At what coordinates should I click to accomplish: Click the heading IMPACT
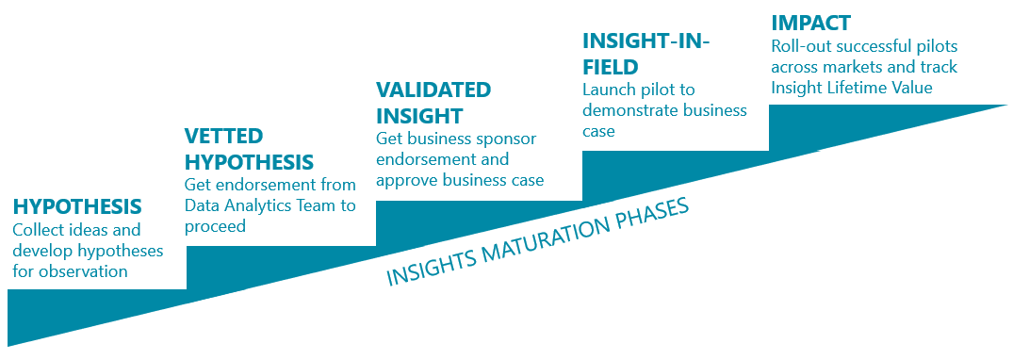coord(810,24)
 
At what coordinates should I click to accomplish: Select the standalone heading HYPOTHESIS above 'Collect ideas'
coord(77,206)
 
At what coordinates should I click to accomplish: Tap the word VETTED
coord(223,136)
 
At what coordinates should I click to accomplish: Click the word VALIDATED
coord(433,90)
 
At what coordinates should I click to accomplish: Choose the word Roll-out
coord(799,46)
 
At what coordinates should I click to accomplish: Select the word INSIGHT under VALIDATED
coord(420,115)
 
